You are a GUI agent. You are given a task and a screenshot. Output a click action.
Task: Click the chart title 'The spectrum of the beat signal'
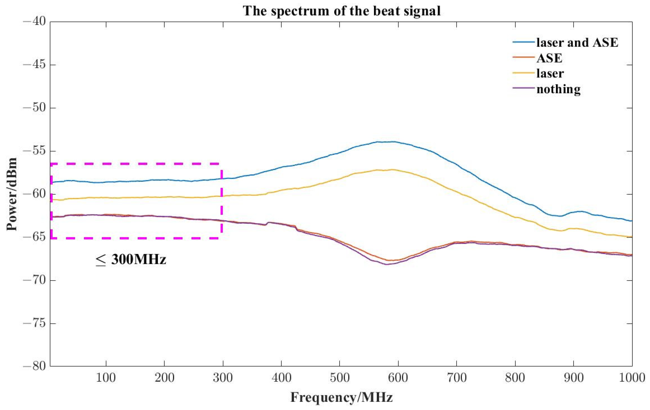[342, 11]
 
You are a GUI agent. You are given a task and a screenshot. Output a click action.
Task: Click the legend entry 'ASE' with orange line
[549, 58]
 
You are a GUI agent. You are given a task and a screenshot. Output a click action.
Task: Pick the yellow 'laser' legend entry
[550, 73]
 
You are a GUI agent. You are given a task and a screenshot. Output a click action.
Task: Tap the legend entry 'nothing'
[558, 89]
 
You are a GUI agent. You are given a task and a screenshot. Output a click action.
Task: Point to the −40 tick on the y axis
[34, 22]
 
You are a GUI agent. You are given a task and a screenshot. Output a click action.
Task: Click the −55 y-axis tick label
[34, 151]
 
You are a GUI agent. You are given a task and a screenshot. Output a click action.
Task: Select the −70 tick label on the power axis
[34, 280]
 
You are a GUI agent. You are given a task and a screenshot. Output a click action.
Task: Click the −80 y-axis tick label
[34, 367]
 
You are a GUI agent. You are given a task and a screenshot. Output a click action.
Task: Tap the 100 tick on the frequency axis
[106, 378]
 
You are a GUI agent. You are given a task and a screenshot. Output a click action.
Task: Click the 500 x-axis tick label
[339, 378]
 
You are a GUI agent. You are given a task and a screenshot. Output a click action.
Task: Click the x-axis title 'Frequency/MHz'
[342, 397]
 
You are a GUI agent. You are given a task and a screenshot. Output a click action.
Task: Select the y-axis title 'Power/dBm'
[12, 194]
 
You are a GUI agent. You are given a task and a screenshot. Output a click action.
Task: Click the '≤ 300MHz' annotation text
[131, 260]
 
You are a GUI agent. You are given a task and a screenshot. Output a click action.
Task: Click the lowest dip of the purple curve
[387, 264]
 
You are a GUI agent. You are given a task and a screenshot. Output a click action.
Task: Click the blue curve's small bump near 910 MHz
[580, 211]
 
